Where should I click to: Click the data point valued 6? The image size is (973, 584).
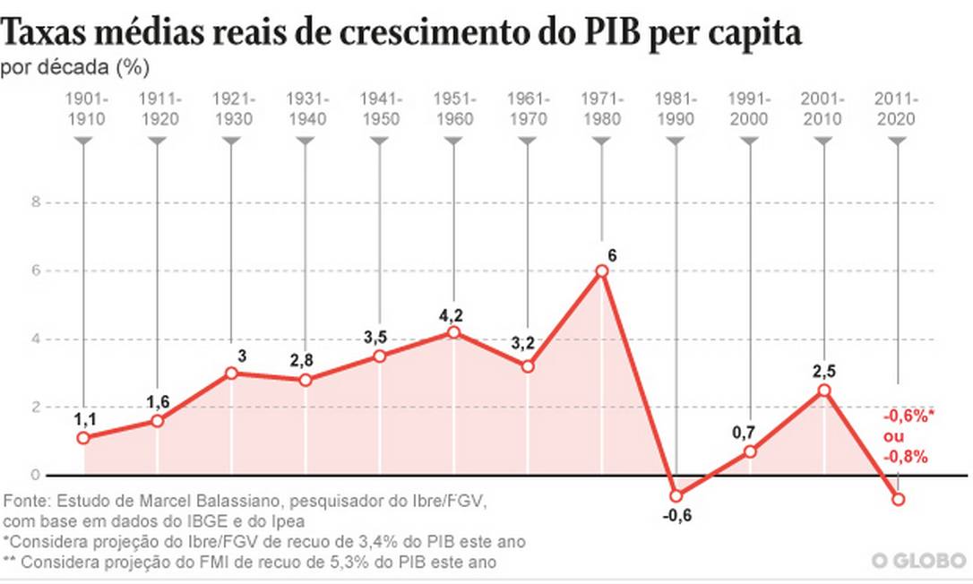(602, 271)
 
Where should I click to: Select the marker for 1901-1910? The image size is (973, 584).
(83, 438)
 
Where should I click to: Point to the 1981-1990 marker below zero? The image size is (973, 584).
(676, 495)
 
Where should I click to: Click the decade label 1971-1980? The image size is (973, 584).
(602, 107)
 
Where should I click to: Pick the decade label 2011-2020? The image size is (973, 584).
(898, 107)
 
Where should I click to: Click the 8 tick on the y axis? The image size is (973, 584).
(37, 202)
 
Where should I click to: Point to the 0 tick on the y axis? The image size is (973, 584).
(37, 475)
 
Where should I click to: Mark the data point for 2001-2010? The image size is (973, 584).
(824, 391)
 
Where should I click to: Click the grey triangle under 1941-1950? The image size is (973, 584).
(380, 142)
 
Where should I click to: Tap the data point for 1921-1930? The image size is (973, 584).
(232, 373)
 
